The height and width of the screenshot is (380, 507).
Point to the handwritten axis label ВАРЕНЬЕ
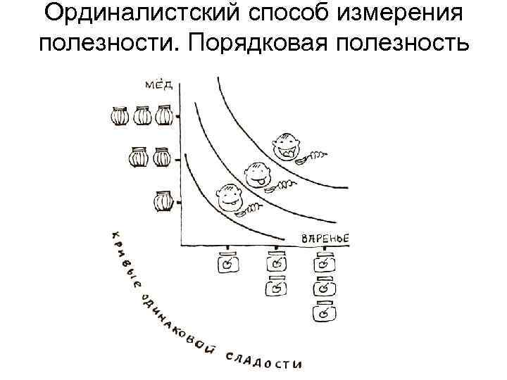point(325,239)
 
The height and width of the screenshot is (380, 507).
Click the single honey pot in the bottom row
point(163,202)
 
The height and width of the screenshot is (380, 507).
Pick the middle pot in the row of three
point(143,115)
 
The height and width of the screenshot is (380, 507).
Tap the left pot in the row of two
point(140,158)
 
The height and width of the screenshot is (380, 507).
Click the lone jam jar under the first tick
point(228,265)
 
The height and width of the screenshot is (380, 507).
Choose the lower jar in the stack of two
point(277,287)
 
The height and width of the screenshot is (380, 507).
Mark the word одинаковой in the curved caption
point(171,320)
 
